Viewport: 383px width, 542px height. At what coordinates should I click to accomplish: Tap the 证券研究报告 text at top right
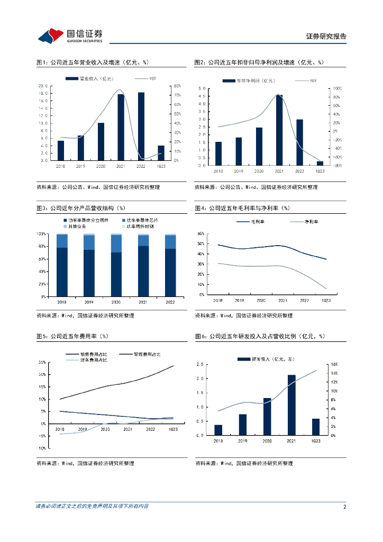pyautogui.click(x=326, y=37)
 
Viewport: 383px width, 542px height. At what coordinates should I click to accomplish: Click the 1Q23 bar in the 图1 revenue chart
pyautogui.click(x=161, y=153)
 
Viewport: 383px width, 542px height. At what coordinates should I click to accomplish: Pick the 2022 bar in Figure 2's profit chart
pyautogui.click(x=299, y=142)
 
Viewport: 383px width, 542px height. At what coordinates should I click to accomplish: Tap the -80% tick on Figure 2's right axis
pyautogui.click(x=336, y=166)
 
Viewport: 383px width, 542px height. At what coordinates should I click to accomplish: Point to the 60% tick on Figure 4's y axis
pyautogui.click(x=201, y=233)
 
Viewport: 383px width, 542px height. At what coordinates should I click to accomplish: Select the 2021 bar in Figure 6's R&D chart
pyautogui.click(x=291, y=405)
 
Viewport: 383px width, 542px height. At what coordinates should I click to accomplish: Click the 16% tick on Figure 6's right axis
pyautogui.click(x=334, y=365)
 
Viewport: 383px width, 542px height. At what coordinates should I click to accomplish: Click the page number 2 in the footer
pyautogui.click(x=344, y=507)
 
